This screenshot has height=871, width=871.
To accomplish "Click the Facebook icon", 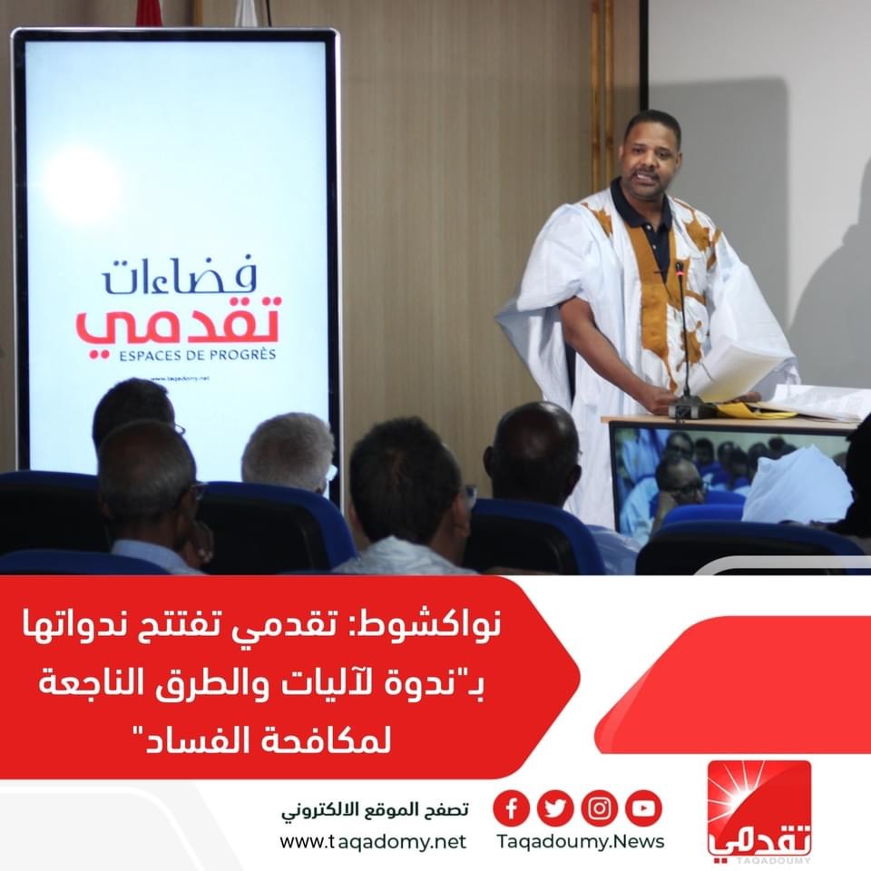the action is click(511, 808).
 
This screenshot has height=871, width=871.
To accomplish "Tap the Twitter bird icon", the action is click(555, 808).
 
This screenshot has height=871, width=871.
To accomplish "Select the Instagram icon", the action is click(600, 808).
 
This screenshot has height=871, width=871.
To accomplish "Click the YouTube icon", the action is click(644, 808).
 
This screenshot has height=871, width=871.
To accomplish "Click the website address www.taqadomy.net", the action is click(373, 842).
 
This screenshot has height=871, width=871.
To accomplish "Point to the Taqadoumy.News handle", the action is click(581, 842).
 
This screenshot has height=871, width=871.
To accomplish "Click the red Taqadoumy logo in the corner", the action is click(758, 811).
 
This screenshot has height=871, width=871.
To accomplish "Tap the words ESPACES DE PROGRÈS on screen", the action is click(197, 355).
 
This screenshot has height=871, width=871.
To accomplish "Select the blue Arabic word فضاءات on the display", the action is click(179, 276).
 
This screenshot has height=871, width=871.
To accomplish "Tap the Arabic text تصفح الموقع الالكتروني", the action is click(375, 810).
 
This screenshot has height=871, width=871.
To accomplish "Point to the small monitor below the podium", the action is click(730, 478).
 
